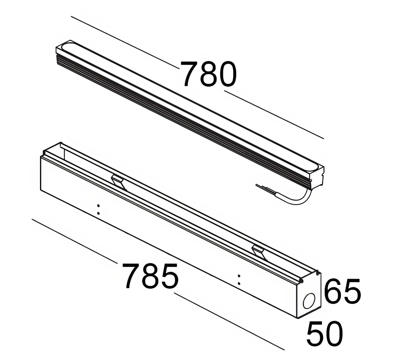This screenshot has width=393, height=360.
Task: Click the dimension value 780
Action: (x=209, y=74)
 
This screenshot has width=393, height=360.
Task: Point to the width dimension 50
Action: (x=325, y=334)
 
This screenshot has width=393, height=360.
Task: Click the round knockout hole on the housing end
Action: (x=309, y=301)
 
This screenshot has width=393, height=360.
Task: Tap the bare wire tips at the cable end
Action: (x=262, y=188)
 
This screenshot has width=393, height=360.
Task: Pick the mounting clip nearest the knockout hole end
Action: (x=259, y=251)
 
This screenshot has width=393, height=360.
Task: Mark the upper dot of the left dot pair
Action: (x=98, y=206)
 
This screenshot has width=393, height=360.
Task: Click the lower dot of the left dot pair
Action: (x=98, y=213)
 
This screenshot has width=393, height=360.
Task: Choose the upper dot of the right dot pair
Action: (x=239, y=276)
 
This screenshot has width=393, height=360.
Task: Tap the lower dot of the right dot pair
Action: (x=239, y=283)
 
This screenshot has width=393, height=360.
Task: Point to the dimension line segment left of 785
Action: (x=74, y=241)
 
